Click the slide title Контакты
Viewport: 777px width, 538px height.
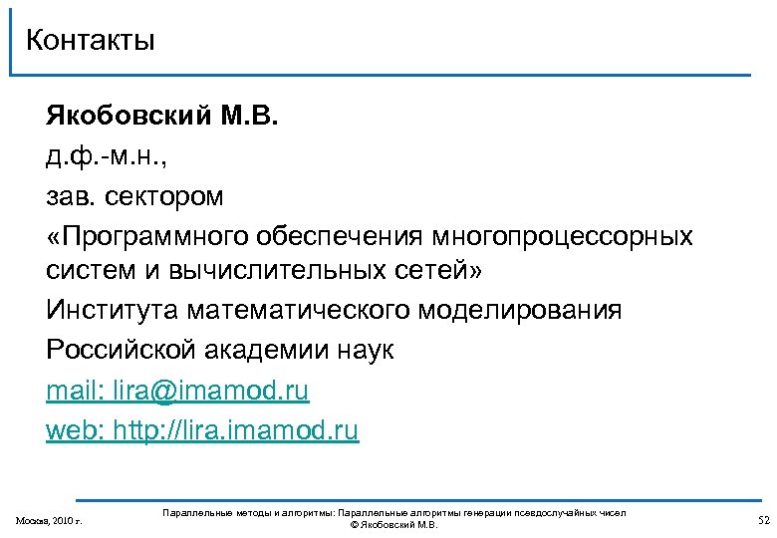(91, 41)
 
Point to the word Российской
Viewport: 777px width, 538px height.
(122, 351)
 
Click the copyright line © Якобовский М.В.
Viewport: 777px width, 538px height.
(393, 525)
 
